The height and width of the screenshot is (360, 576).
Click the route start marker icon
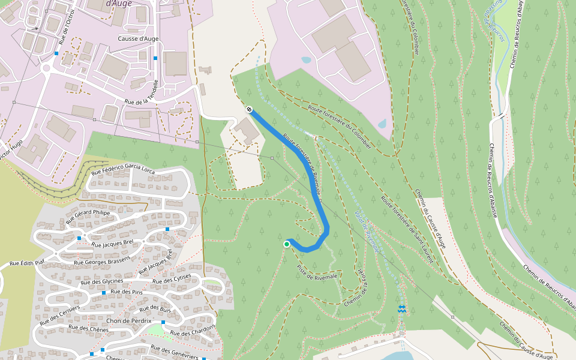pyautogui.click(x=248, y=109)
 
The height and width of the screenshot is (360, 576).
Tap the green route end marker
pyautogui.click(x=287, y=244)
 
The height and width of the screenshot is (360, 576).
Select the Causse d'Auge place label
pyautogui.click(x=139, y=38)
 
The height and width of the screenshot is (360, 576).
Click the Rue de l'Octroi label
pyautogui.click(x=67, y=27)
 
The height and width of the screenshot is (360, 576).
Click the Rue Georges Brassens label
pyautogui.click(x=102, y=262)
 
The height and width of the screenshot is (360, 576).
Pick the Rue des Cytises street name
pyautogui.click(x=172, y=280)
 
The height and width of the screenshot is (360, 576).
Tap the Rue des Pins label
pyautogui.click(x=126, y=292)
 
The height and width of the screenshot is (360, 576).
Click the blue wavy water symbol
pyautogui.click(x=402, y=308)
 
